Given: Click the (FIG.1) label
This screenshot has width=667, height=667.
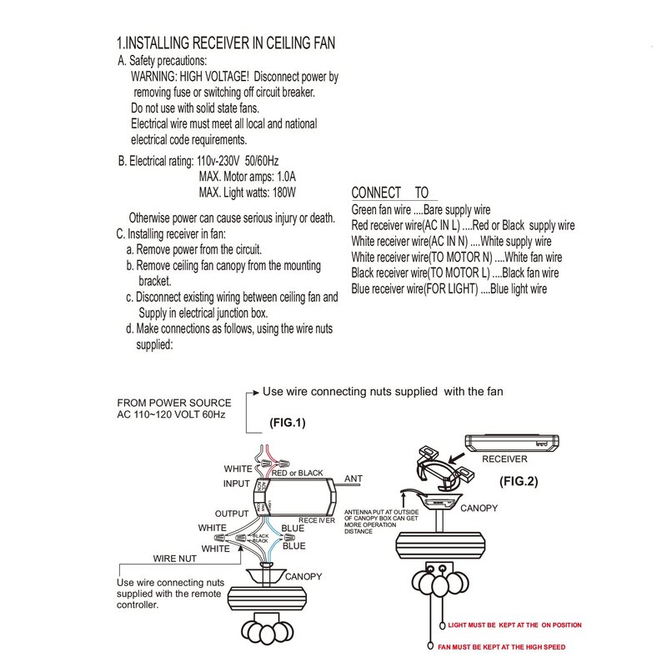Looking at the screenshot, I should [x=288, y=423].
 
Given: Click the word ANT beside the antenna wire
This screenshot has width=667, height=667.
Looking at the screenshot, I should [x=354, y=479].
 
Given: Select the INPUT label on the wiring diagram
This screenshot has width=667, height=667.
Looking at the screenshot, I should [x=236, y=484].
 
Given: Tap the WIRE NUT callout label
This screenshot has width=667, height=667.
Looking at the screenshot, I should [x=175, y=559].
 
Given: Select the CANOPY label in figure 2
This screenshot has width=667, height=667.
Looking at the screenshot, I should [x=479, y=507].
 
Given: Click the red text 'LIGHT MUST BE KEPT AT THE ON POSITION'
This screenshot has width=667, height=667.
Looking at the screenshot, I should [x=514, y=624].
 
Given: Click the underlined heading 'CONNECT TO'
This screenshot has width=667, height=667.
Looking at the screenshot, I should [x=389, y=193].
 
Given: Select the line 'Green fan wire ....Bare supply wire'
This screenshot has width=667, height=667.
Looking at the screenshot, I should [x=420, y=210].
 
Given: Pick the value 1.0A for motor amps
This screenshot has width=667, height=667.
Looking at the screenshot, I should [x=283, y=177].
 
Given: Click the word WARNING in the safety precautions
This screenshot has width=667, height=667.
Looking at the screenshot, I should [x=158, y=77].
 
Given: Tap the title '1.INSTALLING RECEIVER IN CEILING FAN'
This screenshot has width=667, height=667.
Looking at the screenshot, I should [x=226, y=43].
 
